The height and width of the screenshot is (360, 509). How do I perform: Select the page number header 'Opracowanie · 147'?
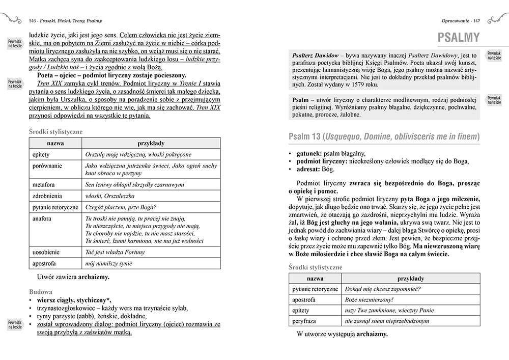(x=463, y=21)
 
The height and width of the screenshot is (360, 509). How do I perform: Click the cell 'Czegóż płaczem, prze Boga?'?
(x=121, y=207)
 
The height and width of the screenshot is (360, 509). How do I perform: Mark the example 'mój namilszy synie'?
(x=109, y=264)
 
